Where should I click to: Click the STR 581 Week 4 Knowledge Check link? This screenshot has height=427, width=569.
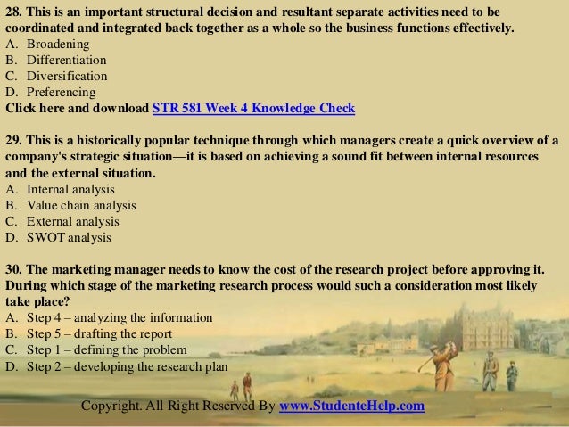pyautogui.click(x=254, y=109)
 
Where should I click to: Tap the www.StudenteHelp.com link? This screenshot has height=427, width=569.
pyautogui.click(x=352, y=406)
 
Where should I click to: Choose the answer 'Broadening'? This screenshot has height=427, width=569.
pyautogui.click(x=56, y=45)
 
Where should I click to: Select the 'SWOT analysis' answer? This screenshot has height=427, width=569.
pyautogui.click(x=69, y=238)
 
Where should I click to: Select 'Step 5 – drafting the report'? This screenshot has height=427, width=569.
pyautogui.click(x=103, y=333)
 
